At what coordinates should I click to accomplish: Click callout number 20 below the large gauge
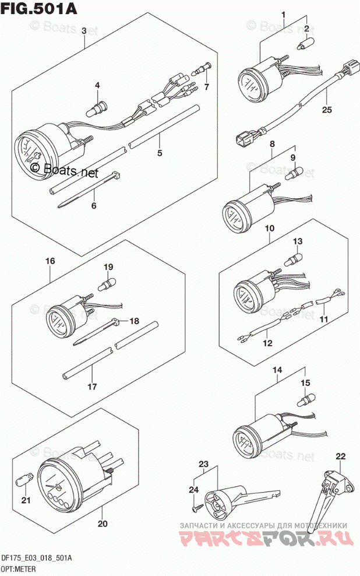tap(103, 524)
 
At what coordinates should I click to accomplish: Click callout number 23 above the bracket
tap(203, 463)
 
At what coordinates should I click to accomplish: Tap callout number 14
tap(277, 370)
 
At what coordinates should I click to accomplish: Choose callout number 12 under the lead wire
tap(267, 343)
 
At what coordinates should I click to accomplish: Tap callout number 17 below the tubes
tap(91, 386)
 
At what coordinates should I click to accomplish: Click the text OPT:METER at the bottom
tap(22, 569)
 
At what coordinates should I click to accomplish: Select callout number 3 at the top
tap(84, 30)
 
